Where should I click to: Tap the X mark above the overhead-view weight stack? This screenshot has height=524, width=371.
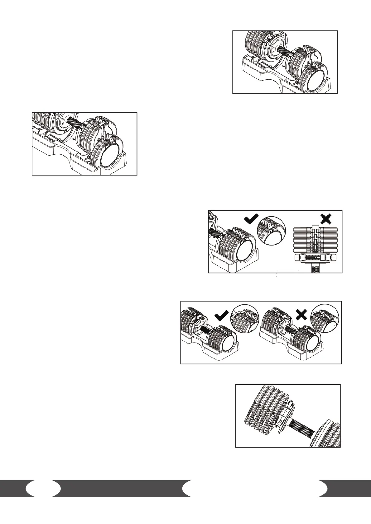[x=325, y=219]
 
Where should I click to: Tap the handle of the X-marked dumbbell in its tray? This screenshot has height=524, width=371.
[x=289, y=329]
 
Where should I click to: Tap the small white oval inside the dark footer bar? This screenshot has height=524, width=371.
[x=43, y=488]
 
